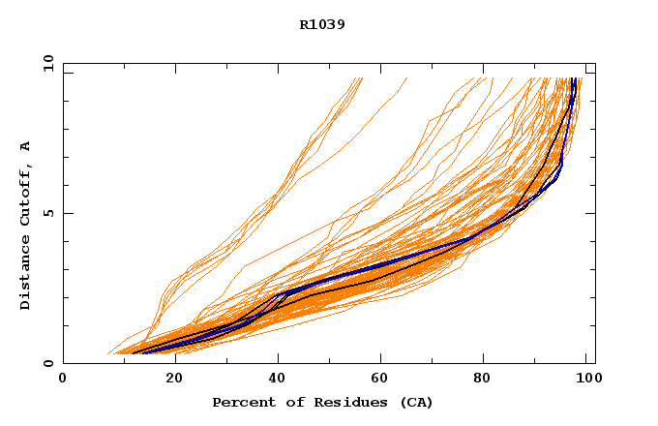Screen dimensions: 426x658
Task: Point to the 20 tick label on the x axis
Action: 168,380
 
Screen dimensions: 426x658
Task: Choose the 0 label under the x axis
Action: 63,380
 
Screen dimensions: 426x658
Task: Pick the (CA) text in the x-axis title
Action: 416,403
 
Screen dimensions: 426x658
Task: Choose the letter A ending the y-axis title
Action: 25,146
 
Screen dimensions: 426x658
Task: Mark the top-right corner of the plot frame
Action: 595,63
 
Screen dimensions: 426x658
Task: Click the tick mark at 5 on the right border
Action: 591,213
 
